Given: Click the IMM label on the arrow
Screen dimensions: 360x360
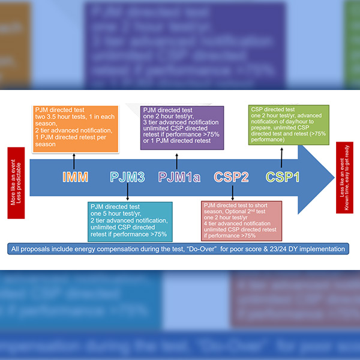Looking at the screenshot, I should [76, 177].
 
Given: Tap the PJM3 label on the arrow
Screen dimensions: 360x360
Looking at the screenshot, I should [127, 177].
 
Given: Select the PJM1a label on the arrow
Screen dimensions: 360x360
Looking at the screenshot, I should [179, 177].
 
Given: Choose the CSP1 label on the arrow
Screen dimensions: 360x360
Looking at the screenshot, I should [283, 177].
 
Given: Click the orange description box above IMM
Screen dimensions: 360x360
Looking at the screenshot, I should [73, 127].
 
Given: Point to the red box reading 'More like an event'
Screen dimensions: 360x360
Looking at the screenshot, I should [16, 176].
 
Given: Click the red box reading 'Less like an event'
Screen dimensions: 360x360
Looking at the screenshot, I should [344, 178].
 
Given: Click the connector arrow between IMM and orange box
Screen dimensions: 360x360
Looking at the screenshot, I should [74, 160].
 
